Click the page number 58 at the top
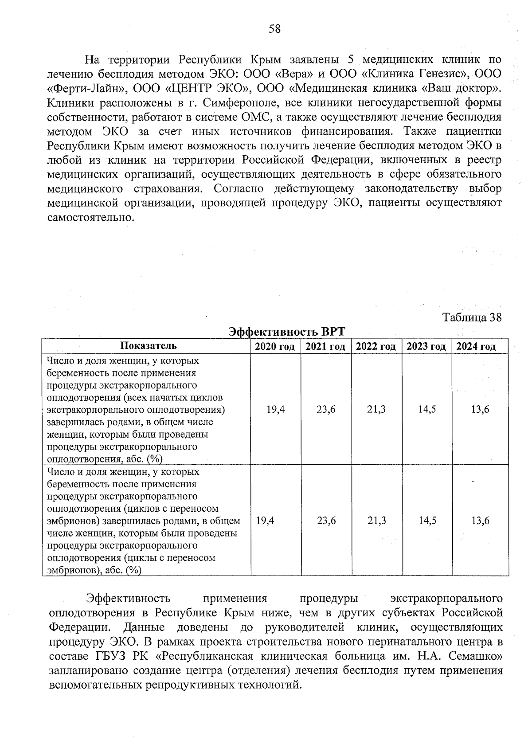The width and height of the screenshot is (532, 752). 274,29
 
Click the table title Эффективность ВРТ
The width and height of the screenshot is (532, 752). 286,332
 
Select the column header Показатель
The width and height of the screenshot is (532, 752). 148,346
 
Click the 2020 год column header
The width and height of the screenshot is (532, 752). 275,347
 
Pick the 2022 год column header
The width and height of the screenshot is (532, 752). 376,347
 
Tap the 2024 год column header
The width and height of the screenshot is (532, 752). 476,347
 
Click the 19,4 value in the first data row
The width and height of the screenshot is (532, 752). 275,410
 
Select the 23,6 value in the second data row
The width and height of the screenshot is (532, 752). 326,521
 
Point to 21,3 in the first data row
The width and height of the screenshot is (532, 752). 376,410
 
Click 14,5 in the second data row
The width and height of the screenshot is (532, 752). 427,521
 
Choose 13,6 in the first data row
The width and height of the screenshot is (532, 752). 480,410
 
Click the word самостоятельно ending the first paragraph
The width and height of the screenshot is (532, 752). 90,218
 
